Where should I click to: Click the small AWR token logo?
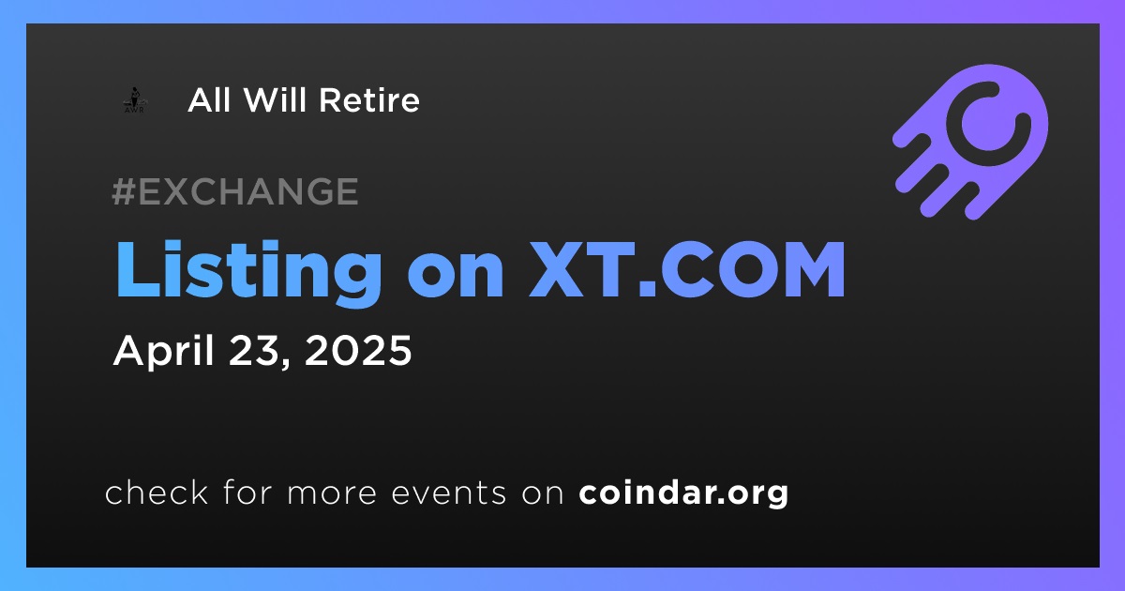(x=135, y=100)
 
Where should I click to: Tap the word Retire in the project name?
(x=369, y=100)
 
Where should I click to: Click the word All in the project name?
(x=209, y=100)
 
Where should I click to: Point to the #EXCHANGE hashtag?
(x=235, y=191)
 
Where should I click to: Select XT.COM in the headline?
(x=687, y=270)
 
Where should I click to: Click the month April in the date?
(x=164, y=352)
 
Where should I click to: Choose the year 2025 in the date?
(x=358, y=350)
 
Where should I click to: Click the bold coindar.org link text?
(x=683, y=493)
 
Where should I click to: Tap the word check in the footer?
(x=157, y=492)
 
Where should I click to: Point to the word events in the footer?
(x=448, y=493)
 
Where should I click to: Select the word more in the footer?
(x=332, y=494)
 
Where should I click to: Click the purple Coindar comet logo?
(x=970, y=142)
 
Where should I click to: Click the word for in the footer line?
(x=247, y=492)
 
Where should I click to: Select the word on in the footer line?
(x=543, y=494)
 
